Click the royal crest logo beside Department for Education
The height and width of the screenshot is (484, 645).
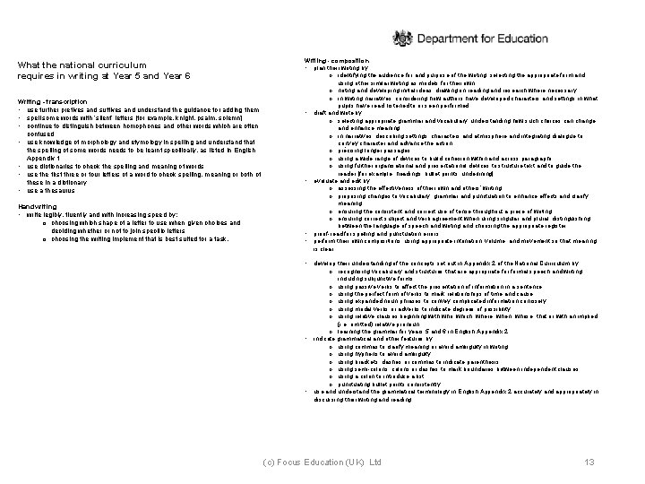click(406, 39)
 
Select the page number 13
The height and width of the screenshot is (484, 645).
click(589, 461)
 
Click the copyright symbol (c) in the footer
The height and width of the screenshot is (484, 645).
click(268, 461)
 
